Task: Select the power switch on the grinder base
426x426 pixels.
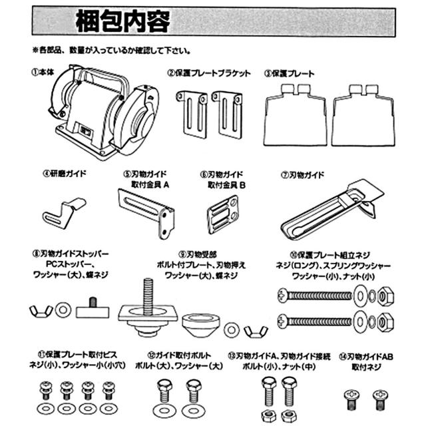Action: (x=85, y=132)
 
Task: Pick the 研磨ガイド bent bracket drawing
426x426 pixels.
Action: (x=63, y=213)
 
